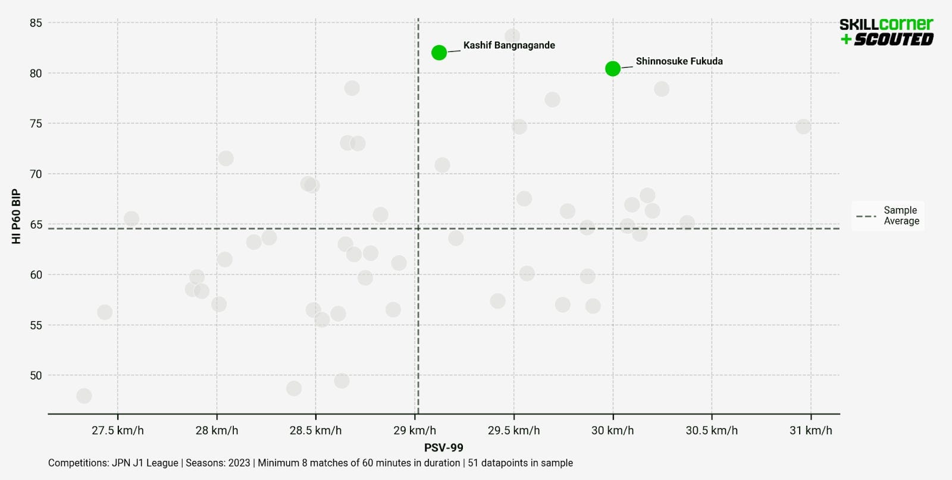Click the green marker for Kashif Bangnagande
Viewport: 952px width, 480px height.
pyautogui.click(x=439, y=53)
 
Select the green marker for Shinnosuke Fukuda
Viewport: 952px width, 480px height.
pyautogui.click(x=613, y=69)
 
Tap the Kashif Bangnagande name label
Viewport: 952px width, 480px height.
pyautogui.click(x=509, y=45)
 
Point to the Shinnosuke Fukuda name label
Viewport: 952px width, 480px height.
pyautogui.click(x=679, y=61)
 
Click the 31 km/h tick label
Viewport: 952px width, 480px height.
pyautogui.click(x=810, y=431)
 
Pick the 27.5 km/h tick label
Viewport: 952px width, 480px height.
pyautogui.click(x=117, y=431)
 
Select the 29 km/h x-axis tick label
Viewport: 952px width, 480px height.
pyautogui.click(x=415, y=431)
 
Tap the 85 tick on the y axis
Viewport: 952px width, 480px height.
pyautogui.click(x=36, y=23)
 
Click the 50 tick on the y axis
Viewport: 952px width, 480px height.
pyautogui.click(x=36, y=375)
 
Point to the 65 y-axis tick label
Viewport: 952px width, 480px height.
pyautogui.click(x=36, y=225)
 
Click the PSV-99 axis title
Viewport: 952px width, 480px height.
pyautogui.click(x=443, y=448)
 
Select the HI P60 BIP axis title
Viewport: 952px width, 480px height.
pyautogui.click(x=16, y=217)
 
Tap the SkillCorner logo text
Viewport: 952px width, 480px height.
pyautogui.click(x=886, y=24)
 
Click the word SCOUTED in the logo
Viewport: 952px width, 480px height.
pyautogui.click(x=894, y=39)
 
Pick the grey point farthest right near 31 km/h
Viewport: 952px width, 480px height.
pyautogui.click(x=803, y=127)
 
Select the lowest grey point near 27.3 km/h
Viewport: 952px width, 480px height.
pyautogui.click(x=84, y=396)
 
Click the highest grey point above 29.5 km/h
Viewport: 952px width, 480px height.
pyautogui.click(x=512, y=36)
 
